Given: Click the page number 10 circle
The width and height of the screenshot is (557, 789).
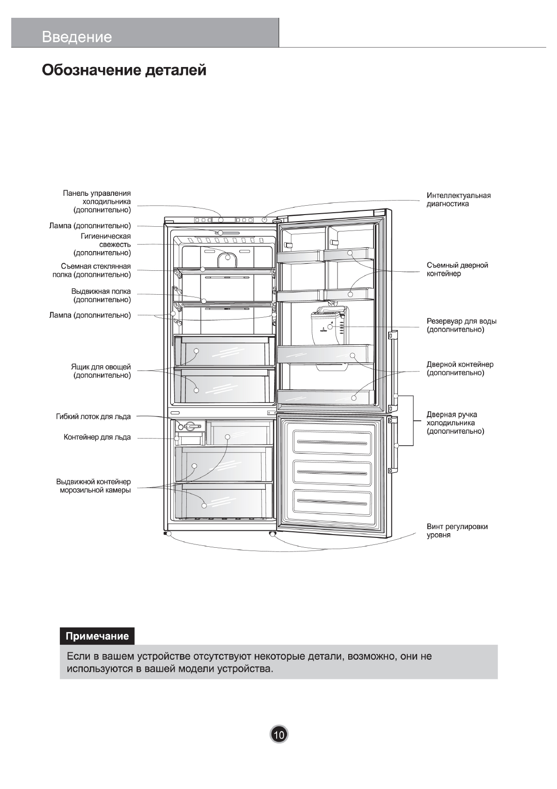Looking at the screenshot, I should (x=279, y=734).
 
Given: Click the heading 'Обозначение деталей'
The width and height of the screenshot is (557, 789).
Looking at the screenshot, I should (x=124, y=71).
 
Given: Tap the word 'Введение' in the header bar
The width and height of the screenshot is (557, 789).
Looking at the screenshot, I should (x=77, y=37).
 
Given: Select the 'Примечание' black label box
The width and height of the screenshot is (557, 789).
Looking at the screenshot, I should (x=97, y=636).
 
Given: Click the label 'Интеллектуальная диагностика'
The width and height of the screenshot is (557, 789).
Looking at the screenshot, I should (x=458, y=200).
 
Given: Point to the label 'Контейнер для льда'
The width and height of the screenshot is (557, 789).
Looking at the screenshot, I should (x=97, y=437).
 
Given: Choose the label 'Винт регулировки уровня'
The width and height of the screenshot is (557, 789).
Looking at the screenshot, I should (x=457, y=530).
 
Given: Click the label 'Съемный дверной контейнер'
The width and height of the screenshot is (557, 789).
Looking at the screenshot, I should (x=457, y=269).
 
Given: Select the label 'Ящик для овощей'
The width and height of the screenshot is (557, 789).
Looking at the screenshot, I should (x=101, y=371).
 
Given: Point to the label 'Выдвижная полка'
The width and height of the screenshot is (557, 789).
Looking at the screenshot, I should (x=101, y=295).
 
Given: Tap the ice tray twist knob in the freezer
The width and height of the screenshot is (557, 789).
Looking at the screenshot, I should (x=191, y=426).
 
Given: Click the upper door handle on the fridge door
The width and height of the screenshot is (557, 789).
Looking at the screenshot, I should (x=393, y=363).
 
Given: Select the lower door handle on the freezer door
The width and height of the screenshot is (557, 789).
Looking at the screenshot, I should (x=394, y=445).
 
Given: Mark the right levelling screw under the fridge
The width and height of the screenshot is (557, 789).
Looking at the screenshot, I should (x=272, y=534).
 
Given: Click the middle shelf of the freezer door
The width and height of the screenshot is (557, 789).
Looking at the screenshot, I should (x=332, y=472).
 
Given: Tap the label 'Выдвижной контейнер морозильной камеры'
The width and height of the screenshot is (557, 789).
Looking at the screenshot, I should (x=93, y=486).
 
